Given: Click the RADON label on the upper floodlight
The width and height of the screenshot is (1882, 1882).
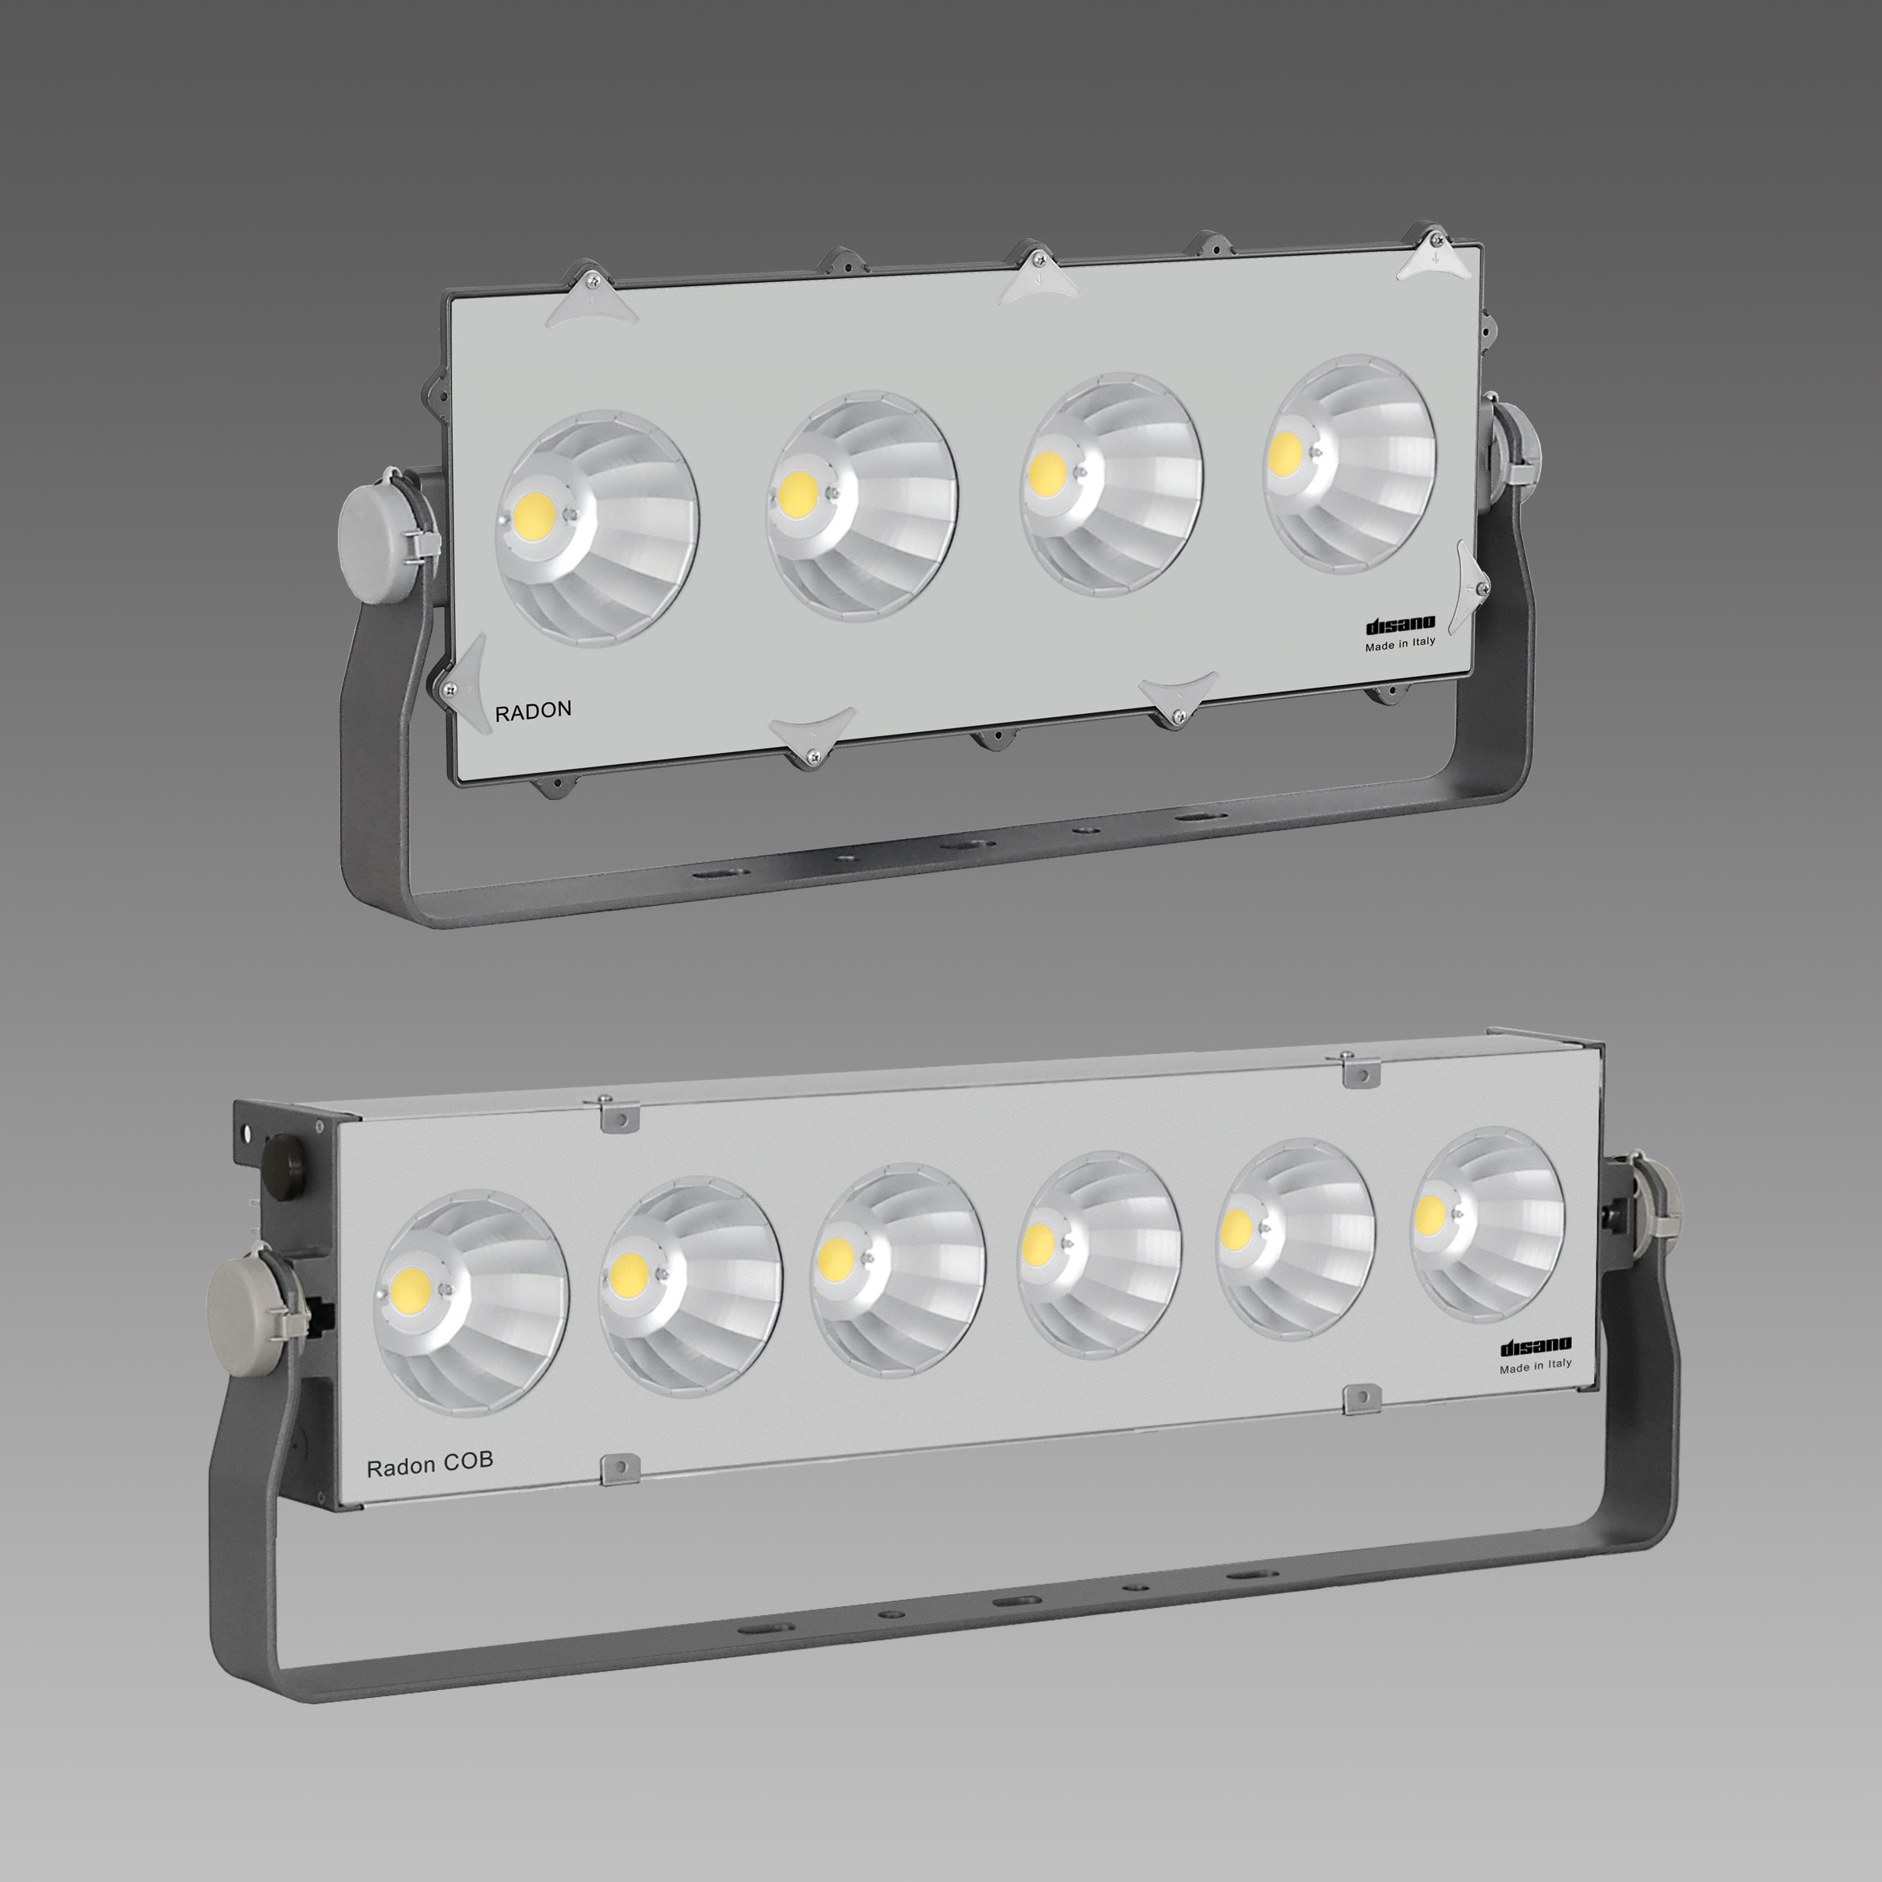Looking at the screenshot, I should point(533,711).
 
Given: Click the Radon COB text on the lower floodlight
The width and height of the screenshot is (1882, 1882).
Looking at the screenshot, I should point(429,1462).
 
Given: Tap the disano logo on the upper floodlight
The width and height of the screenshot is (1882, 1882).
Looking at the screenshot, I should point(1400,625).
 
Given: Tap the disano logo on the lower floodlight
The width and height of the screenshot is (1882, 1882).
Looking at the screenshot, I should point(1535,1347).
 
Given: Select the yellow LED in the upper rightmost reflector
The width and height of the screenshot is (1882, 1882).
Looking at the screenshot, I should point(1286,450).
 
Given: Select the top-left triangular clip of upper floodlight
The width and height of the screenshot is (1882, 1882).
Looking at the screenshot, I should point(591,300).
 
